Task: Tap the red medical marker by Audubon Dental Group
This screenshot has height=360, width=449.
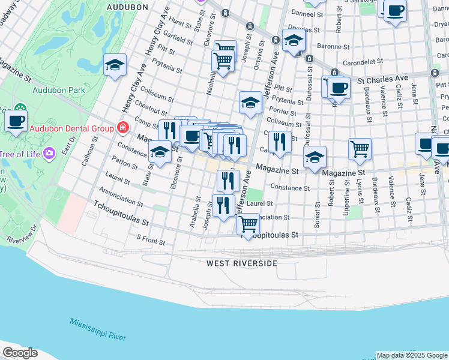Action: click(123, 128)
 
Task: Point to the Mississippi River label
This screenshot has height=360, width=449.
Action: click(98, 329)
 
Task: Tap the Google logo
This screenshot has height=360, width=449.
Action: click(20, 353)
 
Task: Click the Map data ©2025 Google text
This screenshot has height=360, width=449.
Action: click(411, 355)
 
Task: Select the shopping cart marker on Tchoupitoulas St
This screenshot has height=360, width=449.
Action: click(248, 224)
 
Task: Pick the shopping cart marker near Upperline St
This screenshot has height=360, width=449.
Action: click(360, 148)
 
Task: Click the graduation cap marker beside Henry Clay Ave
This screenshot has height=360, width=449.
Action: click(115, 65)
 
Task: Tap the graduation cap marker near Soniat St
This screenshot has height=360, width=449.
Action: click(315, 158)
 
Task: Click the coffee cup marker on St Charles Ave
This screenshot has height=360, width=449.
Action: click(339, 87)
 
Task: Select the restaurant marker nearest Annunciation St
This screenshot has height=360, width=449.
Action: click(223, 205)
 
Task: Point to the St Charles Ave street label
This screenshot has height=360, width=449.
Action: click(383, 79)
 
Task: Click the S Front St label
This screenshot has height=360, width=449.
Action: click(150, 240)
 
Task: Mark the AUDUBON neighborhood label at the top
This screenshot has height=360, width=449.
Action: click(127, 7)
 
